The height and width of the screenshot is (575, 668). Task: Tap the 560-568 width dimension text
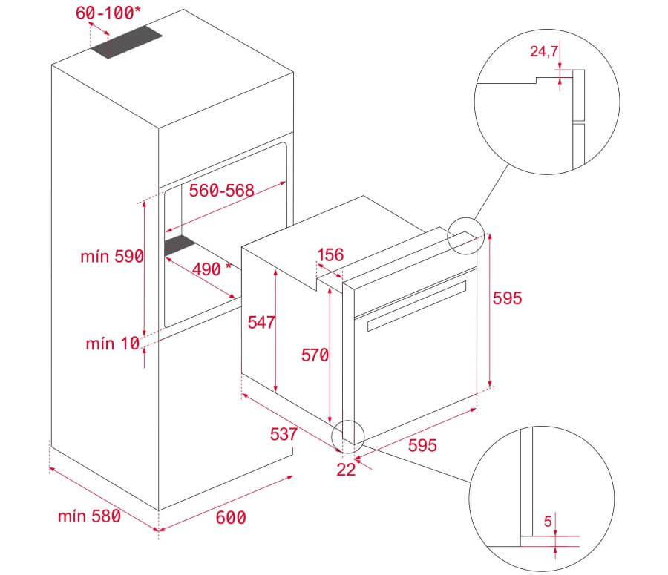click(222, 191)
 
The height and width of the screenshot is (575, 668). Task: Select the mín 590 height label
click(112, 257)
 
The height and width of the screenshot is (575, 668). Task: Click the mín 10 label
click(111, 344)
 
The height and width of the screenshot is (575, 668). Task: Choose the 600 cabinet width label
click(231, 517)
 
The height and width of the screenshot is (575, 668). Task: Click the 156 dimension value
click(330, 256)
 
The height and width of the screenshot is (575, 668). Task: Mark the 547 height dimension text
click(262, 322)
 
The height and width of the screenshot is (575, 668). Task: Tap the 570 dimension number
click(314, 355)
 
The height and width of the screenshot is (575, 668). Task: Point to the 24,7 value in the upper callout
click(543, 52)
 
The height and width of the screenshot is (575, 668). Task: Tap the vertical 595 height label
click(508, 298)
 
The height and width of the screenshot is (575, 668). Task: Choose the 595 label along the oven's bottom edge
click(422, 445)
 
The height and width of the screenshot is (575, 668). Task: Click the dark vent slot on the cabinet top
click(127, 45)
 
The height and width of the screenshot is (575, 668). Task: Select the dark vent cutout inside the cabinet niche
click(178, 247)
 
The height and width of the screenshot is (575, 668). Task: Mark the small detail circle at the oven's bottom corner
click(349, 435)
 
